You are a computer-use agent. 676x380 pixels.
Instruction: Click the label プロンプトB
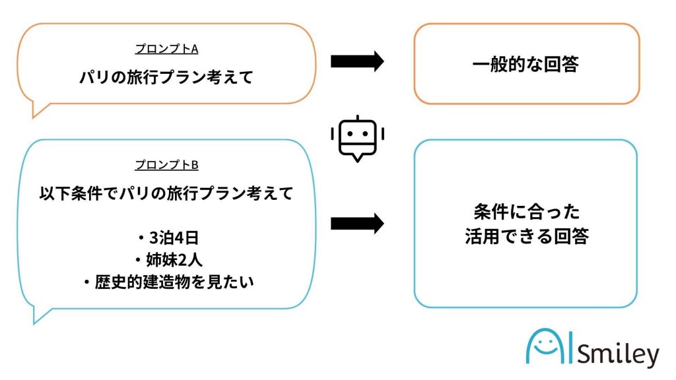pyautogui.click(x=166, y=165)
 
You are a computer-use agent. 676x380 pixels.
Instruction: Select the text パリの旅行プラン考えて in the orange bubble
pyautogui.click(x=166, y=77)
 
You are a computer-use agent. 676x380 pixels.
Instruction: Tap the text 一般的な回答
pyautogui.click(x=525, y=64)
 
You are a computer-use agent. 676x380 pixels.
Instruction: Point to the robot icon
pyautogui.click(x=356, y=137)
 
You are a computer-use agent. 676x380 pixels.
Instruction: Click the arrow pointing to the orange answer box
pyautogui.click(x=356, y=61)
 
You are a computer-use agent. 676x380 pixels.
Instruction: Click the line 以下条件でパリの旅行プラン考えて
pyautogui.click(x=166, y=195)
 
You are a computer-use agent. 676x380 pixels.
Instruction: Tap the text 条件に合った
pyautogui.click(x=525, y=212)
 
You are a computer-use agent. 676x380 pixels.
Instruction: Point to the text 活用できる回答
pyautogui.click(x=525, y=236)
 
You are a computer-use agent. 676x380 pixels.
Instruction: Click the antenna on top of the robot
pyautogui.click(x=356, y=118)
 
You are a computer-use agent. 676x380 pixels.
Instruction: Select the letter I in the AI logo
pyautogui.click(x=572, y=346)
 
